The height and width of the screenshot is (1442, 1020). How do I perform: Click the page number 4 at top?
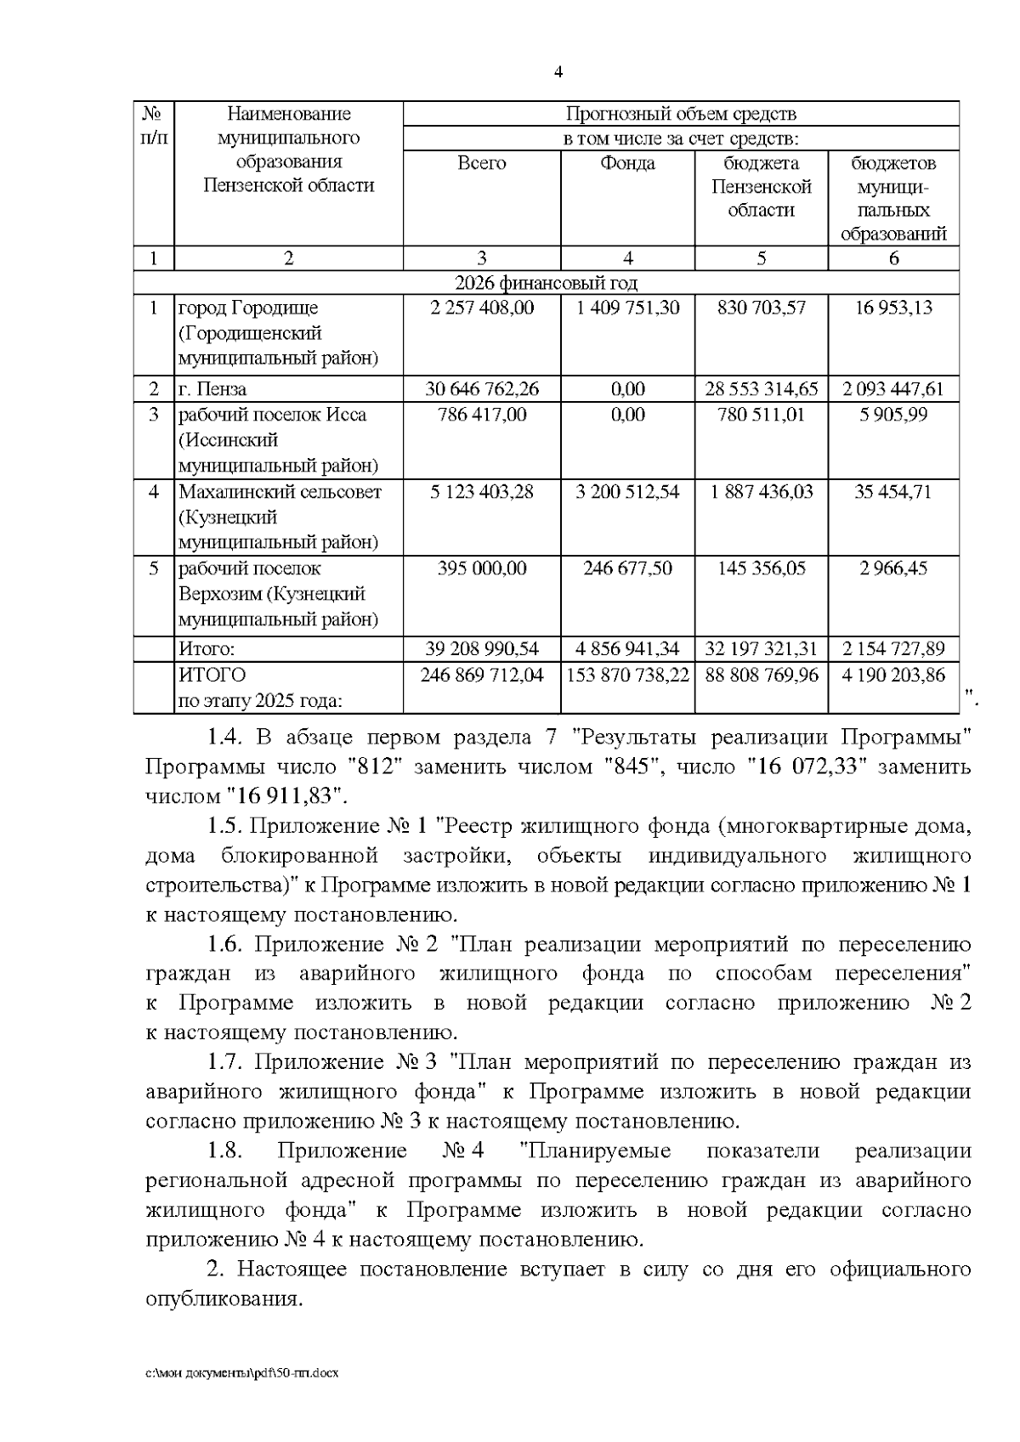click(558, 72)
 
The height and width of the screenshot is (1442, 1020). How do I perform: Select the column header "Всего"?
click(481, 163)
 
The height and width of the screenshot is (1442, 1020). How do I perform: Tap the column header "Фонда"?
click(627, 163)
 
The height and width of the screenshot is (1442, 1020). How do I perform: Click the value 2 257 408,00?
click(482, 308)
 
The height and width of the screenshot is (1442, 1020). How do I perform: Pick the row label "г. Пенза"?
click(212, 389)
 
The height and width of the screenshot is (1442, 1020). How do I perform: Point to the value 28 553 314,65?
click(761, 389)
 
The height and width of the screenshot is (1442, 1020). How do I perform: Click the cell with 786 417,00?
click(482, 415)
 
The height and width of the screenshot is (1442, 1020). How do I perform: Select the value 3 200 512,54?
click(627, 491)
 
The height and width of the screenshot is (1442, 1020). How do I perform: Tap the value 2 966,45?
click(893, 568)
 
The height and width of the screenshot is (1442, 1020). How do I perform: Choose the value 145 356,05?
click(761, 568)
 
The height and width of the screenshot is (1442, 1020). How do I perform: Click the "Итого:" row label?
click(206, 649)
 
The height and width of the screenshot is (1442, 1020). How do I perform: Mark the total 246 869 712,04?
click(482, 675)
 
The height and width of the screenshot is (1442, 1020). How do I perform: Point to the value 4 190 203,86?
click(893, 675)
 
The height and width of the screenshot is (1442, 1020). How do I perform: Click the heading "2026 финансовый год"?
click(546, 283)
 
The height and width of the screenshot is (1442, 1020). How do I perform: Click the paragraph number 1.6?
click(226, 944)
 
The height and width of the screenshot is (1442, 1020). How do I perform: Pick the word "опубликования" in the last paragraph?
click(223, 1299)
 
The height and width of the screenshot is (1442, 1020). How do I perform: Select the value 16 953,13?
click(893, 308)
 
